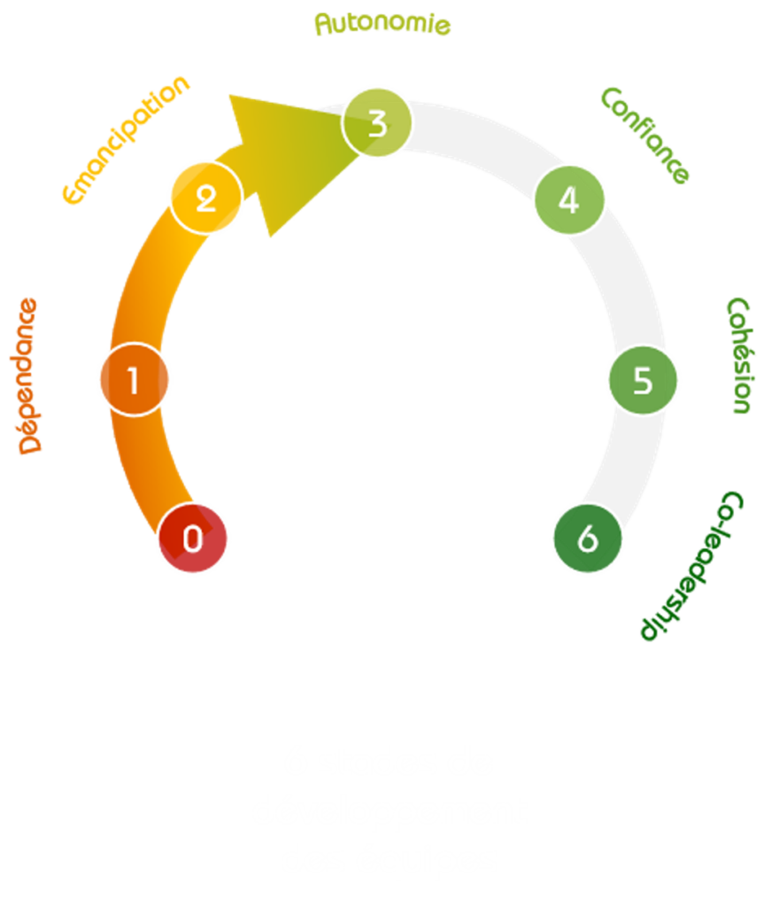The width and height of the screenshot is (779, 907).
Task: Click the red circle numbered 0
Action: pyautogui.click(x=193, y=538)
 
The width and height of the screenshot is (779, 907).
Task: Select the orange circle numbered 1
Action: pyautogui.click(x=134, y=379)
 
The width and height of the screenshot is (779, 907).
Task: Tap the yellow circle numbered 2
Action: pyautogui.click(x=205, y=198)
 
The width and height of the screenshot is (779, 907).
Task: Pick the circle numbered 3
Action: pyautogui.click(x=377, y=123)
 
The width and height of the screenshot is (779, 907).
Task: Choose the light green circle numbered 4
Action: pyautogui.click(x=569, y=199)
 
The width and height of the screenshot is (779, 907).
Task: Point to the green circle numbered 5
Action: pyautogui.click(x=642, y=379)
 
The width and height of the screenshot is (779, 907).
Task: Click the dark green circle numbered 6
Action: pyautogui.click(x=587, y=539)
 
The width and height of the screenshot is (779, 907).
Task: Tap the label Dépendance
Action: pyautogui.click(x=29, y=376)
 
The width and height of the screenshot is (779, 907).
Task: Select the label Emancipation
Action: pyautogui.click(x=127, y=139)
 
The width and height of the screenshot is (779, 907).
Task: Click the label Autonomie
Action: pyautogui.click(x=382, y=24)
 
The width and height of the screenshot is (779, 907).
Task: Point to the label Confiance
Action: pyautogui.click(x=644, y=135)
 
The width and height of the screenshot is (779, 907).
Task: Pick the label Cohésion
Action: pyautogui.click(x=739, y=354)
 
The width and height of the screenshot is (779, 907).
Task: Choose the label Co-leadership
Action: pyautogui.click(x=695, y=567)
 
